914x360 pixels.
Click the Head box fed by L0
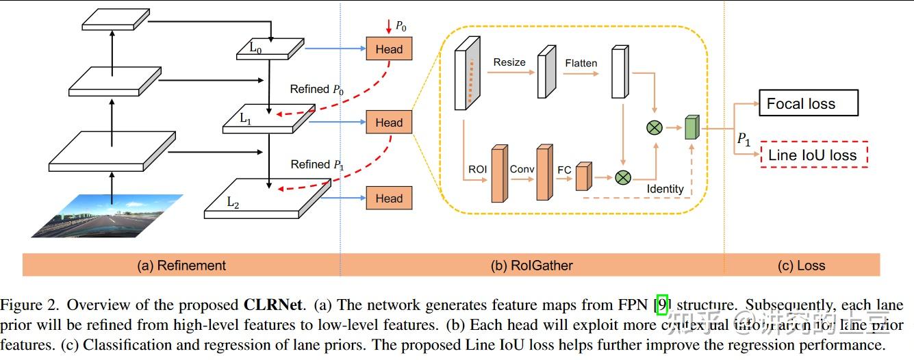click(389, 49)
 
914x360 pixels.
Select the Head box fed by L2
click(389, 198)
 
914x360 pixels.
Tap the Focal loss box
click(807, 104)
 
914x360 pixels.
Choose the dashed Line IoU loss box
click(813, 155)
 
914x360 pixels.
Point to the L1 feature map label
click(246, 118)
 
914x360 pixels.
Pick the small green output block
click(691, 128)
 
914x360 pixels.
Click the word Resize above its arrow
click(509, 62)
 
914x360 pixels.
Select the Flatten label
click(581, 63)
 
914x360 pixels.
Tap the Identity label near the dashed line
click(665, 189)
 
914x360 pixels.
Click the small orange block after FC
click(583, 176)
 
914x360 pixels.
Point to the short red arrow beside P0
click(390, 26)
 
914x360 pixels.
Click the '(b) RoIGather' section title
click(532, 266)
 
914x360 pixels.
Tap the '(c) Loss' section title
click(801, 266)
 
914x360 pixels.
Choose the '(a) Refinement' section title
click(181, 266)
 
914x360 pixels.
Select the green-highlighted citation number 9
click(662, 305)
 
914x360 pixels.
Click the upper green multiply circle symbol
click(655, 127)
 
